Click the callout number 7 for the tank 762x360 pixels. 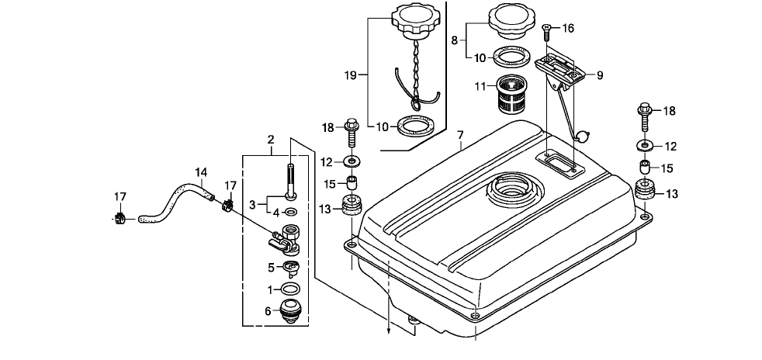coord(460,134)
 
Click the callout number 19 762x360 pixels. coord(350,75)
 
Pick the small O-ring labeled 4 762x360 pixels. coord(291,212)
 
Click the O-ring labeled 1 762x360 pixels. coord(290,289)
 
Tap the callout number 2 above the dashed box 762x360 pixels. coord(271,140)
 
